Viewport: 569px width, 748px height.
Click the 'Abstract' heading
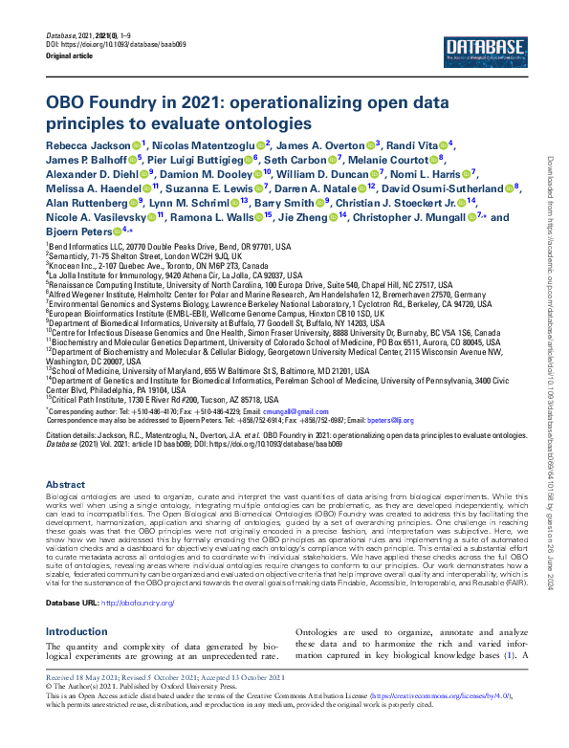65,485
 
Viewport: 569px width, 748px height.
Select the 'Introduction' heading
77,632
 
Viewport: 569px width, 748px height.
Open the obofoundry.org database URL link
138,603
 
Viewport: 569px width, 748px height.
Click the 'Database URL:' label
72,603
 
